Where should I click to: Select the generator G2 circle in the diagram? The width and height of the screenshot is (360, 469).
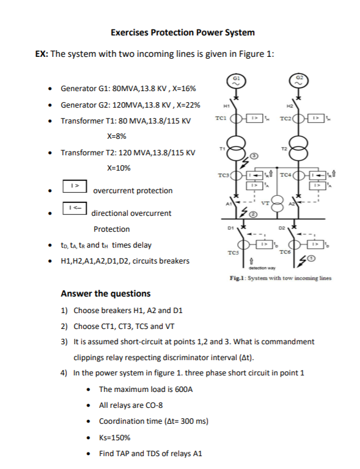point(299,80)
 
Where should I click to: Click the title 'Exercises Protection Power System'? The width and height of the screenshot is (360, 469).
point(183,32)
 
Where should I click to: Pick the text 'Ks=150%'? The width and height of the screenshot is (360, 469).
point(114,437)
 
